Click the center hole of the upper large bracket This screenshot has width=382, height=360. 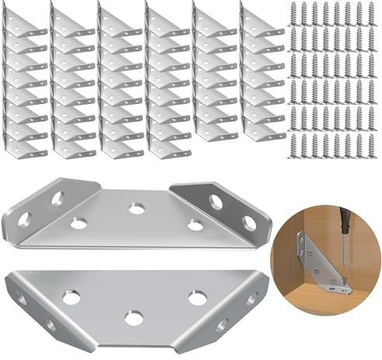pyautogui.click(x=137, y=209)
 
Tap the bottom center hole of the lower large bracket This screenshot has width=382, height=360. pyautogui.click(x=131, y=317)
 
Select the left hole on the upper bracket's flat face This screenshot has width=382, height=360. pyautogui.click(x=79, y=223)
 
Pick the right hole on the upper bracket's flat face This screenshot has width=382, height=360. pyautogui.click(x=195, y=226)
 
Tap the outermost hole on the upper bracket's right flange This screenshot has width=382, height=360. pyautogui.click(x=249, y=225)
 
